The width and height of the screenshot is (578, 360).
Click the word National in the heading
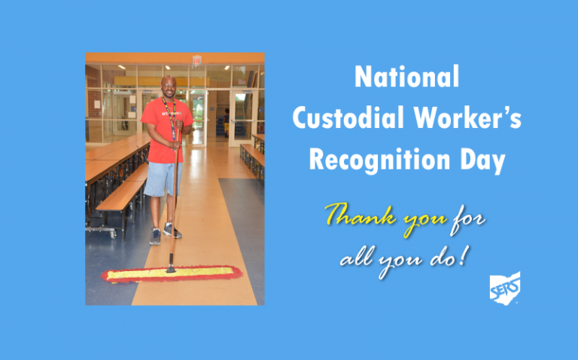pyautogui.click(x=406, y=76)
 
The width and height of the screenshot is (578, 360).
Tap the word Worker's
pyautogui.click(x=467, y=117)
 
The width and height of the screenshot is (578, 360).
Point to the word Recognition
pyautogui.click(x=379, y=160)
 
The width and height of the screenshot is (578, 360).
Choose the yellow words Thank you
pyautogui.click(x=386, y=218)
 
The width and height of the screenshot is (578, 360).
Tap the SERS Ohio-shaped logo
pyautogui.click(x=505, y=288)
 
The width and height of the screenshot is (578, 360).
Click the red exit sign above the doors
pyautogui.click(x=197, y=59)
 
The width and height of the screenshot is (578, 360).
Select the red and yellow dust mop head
pyautogui.click(x=172, y=274)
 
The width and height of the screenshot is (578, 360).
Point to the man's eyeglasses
pyautogui.click(x=169, y=86)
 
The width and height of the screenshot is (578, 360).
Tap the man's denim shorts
pyautogui.click(x=163, y=179)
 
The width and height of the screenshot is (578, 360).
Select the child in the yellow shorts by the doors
pyautogui.click(x=226, y=123)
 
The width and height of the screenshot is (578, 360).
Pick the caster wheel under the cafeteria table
pyautogui.click(x=113, y=234)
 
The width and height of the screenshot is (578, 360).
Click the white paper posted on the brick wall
pyautogui.click(x=97, y=104)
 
